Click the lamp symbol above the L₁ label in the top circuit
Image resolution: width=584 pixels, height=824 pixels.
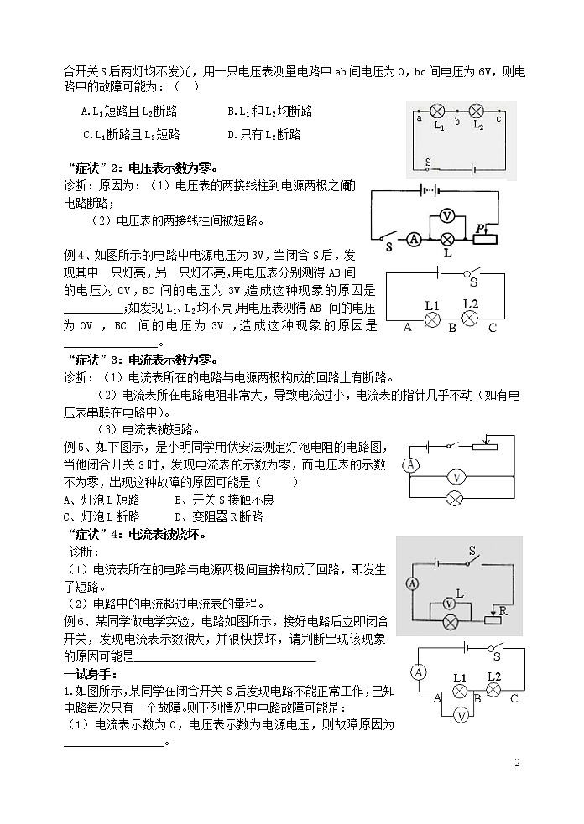(x=437, y=111)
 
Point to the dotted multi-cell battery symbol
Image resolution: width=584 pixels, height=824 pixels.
(x=430, y=190)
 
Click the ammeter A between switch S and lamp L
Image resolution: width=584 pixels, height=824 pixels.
(x=414, y=239)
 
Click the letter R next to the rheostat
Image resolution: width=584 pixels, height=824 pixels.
(x=503, y=612)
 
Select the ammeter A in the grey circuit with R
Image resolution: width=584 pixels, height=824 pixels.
(x=412, y=583)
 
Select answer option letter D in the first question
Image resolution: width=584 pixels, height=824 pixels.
(x=232, y=134)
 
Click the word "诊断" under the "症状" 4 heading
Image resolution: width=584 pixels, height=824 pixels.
(x=83, y=552)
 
